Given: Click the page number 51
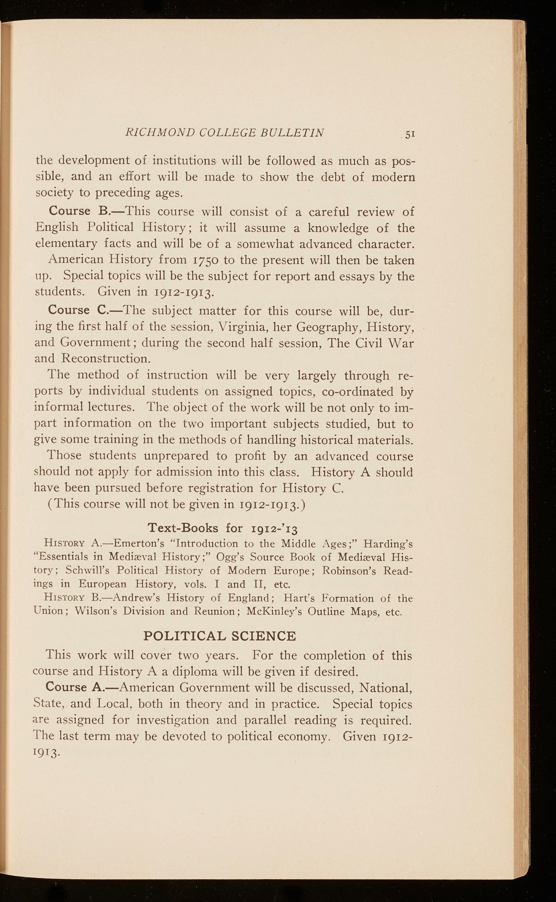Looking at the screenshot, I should pyautogui.click(x=410, y=134).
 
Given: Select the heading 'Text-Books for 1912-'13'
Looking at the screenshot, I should pyautogui.click(x=223, y=528).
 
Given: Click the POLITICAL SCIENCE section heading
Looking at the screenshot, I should pyautogui.click(x=219, y=636).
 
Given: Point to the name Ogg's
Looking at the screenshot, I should pyautogui.click(x=231, y=557).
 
